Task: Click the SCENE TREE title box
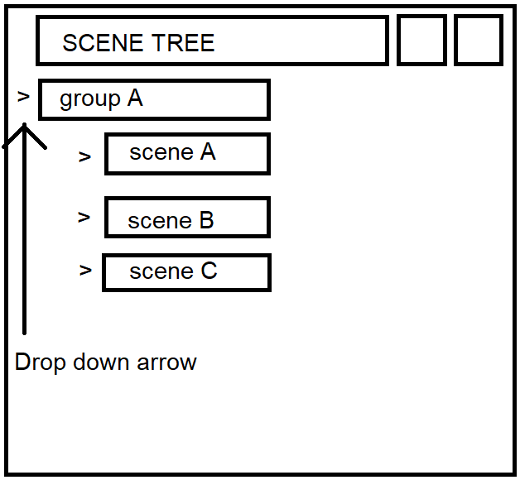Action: click(212, 41)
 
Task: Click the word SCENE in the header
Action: click(96, 43)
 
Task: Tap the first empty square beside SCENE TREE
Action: click(421, 40)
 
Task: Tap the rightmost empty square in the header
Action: click(478, 40)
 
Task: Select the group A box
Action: click(154, 100)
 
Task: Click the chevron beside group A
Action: click(23, 97)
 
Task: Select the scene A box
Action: click(187, 154)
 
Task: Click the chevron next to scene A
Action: click(84, 156)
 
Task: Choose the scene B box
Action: click(187, 218)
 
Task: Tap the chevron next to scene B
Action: click(84, 218)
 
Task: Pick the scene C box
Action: click(186, 273)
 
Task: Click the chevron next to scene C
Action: click(85, 270)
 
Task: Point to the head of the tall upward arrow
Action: click(25, 129)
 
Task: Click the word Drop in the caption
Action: click(39, 362)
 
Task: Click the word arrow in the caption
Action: click(169, 362)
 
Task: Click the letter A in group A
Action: click(134, 99)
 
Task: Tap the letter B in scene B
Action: click(205, 221)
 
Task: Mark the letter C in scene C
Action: click(208, 271)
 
